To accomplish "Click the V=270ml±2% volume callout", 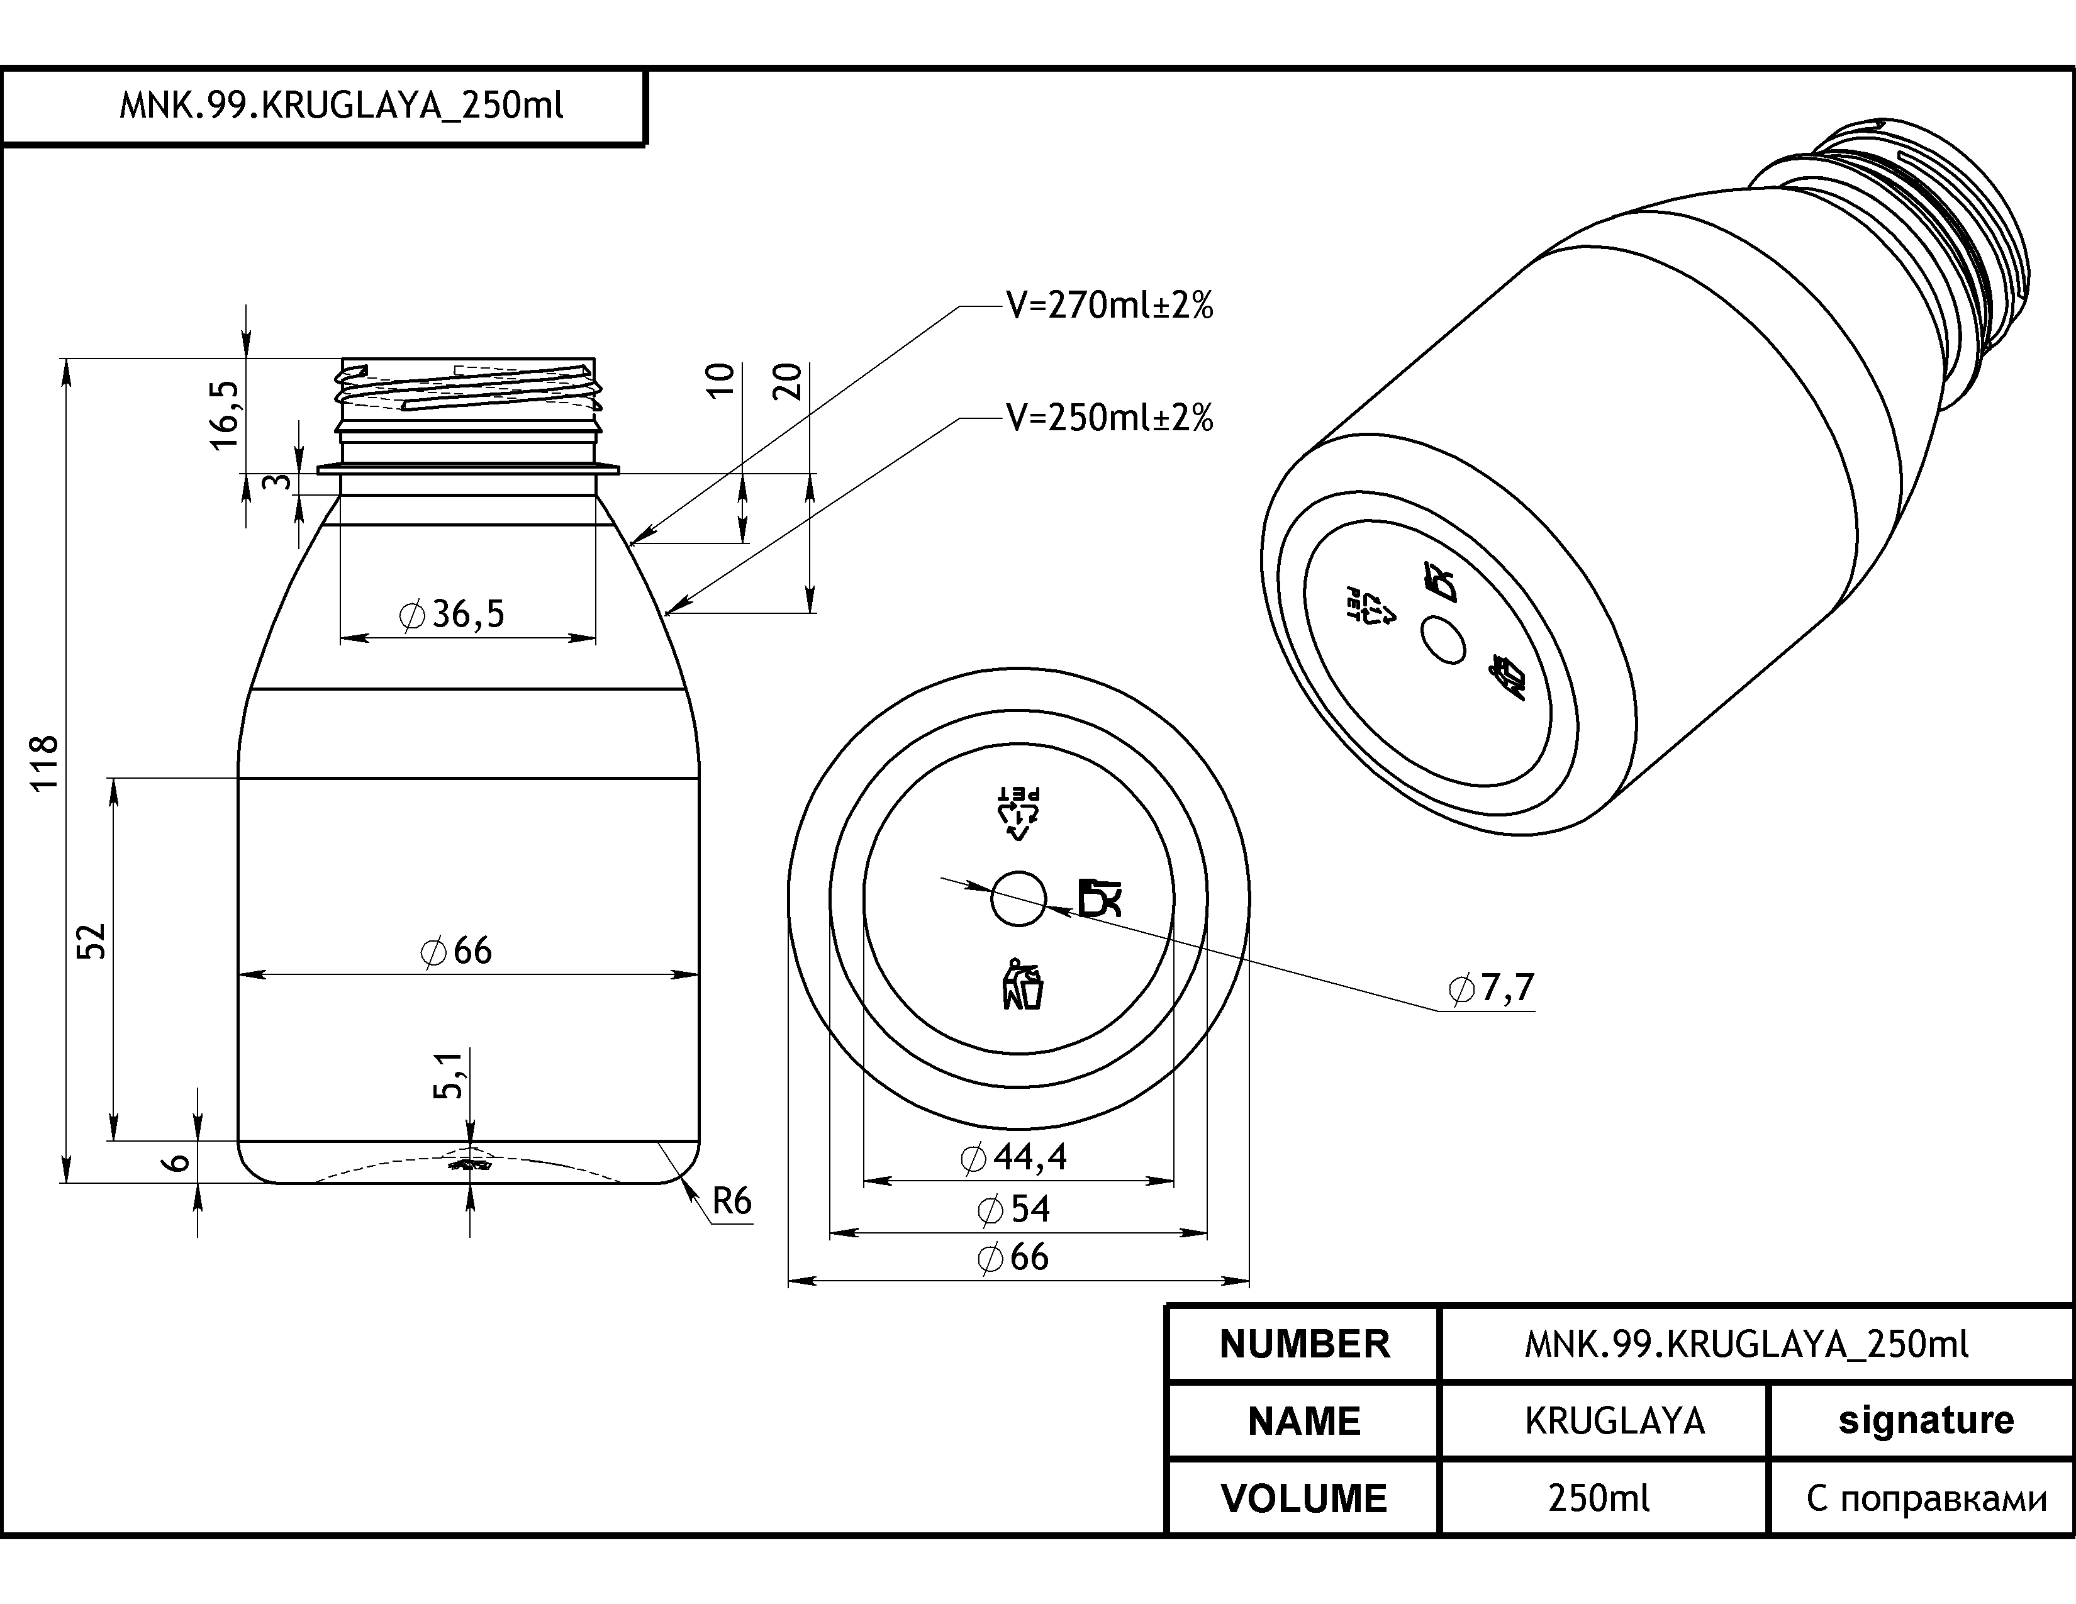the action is (1109, 306).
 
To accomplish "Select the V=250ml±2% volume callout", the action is (1109, 418).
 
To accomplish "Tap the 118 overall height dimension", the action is (45, 763).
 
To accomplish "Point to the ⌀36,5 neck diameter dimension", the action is (452, 615).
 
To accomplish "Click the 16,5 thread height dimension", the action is (225, 415).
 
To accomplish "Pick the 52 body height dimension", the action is (91, 941).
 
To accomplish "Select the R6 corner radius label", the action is (732, 1202).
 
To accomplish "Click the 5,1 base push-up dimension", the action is (449, 1075).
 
